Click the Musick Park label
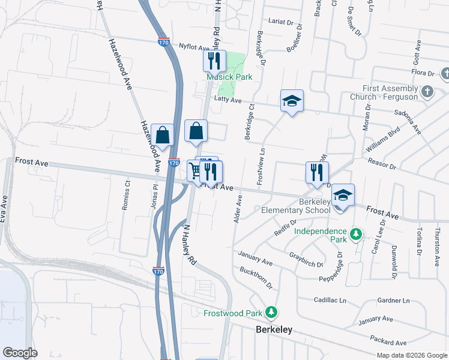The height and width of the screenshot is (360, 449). pos(229,77)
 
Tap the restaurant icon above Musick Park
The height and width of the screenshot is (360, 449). pos(214,61)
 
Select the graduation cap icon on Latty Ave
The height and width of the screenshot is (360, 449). pos(292,101)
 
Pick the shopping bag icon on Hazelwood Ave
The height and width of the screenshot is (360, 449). pos(162,134)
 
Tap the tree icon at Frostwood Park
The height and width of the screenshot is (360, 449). pos(272,312)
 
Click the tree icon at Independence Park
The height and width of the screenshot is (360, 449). pos(355,233)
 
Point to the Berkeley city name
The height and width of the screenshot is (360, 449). pos(274,329)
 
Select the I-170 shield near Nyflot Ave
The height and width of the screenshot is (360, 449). pos(164,43)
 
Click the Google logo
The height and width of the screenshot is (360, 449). pos(20,352)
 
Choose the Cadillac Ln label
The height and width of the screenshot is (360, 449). pos(330,299)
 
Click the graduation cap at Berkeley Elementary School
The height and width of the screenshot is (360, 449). pos(343,195)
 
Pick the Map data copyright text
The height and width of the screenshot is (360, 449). pos(411,355)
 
